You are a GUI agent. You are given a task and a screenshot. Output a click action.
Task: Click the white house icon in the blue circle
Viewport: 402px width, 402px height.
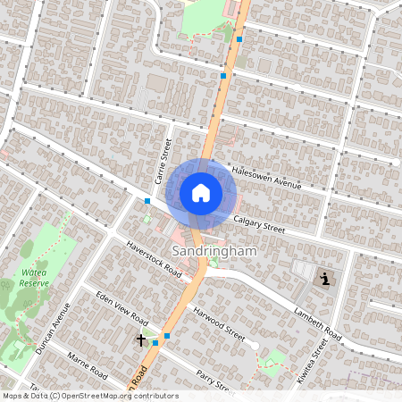click(201, 191)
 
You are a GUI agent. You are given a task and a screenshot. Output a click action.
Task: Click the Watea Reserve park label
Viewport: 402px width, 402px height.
click(34, 277)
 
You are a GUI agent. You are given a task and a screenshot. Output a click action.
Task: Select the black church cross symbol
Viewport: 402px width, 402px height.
click(140, 339)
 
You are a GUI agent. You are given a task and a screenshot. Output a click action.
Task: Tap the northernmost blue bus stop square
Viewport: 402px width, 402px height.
click(239, 38)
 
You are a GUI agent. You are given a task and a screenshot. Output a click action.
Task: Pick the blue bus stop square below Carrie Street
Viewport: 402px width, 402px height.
click(147, 201)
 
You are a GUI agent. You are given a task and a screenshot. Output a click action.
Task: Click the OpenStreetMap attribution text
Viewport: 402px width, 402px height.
click(89, 396)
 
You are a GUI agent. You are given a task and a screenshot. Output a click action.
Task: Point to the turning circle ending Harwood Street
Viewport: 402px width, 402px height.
click(255, 345)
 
